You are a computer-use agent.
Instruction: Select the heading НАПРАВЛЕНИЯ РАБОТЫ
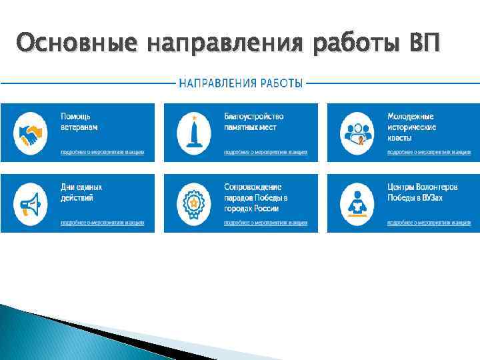pyautogui.click(x=241, y=83)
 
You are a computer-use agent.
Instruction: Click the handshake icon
pyautogui.click(x=29, y=133)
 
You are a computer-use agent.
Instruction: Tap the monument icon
pyautogui.click(x=193, y=133)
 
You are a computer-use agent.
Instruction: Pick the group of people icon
pyautogui.click(x=357, y=133)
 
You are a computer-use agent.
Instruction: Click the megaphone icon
pyautogui.click(x=29, y=203)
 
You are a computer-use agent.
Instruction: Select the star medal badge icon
pyautogui.click(x=193, y=203)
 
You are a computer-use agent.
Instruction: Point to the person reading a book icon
pyautogui.click(x=357, y=203)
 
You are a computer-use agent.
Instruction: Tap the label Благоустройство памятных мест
pyautogui.click(x=254, y=121)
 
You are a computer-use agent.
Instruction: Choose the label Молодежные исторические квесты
pyautogui.click(x=411, y=127)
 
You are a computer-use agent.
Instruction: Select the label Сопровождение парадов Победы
pyautogui.click(x=256, y=197)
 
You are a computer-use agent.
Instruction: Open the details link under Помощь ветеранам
pyautogui.click(x=102, y=152)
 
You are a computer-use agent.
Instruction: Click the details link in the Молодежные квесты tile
pyautogui.click(x=429, y=152)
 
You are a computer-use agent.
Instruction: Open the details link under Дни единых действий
pyautogui.click(x=102, y=223)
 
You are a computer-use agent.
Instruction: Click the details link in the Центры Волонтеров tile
pyautogui.click(x=429, y=223)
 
